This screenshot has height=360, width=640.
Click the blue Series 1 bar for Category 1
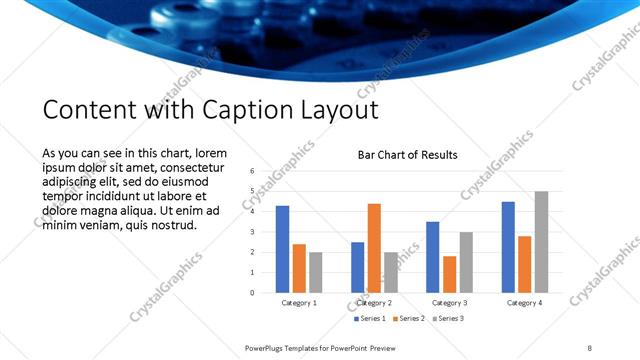pyautogui.click(x=283, y=249)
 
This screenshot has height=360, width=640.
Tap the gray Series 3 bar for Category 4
pyautogui.click(x=541, y=242)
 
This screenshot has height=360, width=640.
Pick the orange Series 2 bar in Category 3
pyautogui.click(x=449, y=274)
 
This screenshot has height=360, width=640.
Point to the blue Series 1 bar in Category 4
pyautogui.click(x=508, y=247)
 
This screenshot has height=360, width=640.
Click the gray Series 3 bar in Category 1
pyautogui.click(x=316, y=272)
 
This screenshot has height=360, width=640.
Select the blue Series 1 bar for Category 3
pyautogui.click(x=432, y=257)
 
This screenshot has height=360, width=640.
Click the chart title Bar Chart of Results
pyautogui.click(x=408, y=155)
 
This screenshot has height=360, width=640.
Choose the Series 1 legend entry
pyautogui.click(x=370, y=318)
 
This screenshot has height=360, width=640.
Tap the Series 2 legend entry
pyautogui.click(x=410, y=318)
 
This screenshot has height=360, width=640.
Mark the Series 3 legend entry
pyautogui.click(x=448, y=318)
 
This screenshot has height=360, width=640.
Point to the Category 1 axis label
pyautogui.click(x=299, y=302)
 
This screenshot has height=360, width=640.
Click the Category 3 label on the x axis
pyautogui.click(x=449, y=302)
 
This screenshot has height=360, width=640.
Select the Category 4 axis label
pyautogui.click(x=524, y=302)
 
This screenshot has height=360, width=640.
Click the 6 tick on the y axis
pyautogui.click(x=252, y=171)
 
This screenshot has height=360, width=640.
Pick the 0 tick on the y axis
pyautogui.click(x=252, y=293)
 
